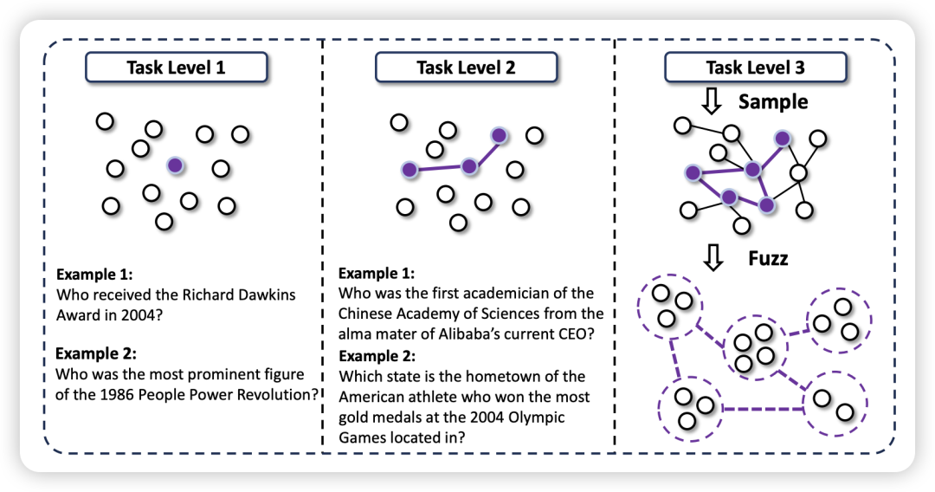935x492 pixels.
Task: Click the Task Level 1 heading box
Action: [x=176, y=68]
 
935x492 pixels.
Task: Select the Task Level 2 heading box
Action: [x=466, y=68]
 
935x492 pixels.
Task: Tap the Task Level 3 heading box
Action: [x=754, y=68]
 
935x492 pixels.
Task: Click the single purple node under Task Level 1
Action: [x=175, y=165]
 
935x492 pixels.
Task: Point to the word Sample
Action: [x=773, y=102]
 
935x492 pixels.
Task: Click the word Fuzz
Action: [x=768, y=258]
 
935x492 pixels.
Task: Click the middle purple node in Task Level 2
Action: [x=469, y=166]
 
